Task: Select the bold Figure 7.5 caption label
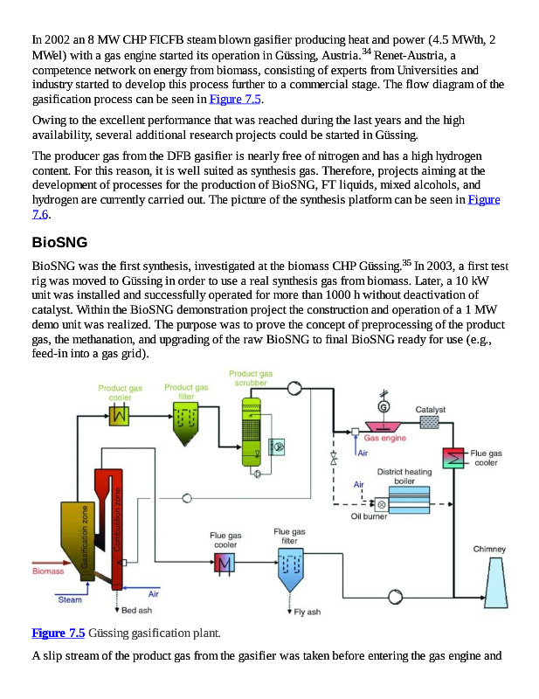(59, 633)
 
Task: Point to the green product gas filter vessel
(186, 426)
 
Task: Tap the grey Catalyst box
(430, 422)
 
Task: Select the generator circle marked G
(384, 406)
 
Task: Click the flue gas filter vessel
(289, 568)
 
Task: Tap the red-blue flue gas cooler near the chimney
(454, 458)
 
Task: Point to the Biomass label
(47, 572)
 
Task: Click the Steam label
(70, 599)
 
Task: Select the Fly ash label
(308, 612)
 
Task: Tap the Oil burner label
(369, 516)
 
